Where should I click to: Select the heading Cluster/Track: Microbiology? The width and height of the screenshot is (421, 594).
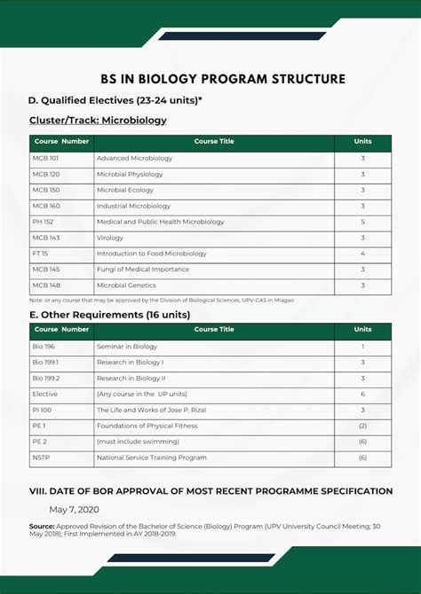(98, 120)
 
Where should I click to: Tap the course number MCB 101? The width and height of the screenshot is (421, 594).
(46, 159)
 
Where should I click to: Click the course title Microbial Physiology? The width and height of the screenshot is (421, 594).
(130, 175)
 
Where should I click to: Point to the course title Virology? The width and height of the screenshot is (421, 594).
(110, 238)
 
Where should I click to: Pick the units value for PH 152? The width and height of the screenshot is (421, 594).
(362, 222)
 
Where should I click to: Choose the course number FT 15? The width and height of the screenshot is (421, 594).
(40, 254)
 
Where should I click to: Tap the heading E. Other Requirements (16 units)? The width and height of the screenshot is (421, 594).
(109, 315)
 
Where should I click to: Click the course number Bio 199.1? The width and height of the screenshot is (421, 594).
(45, 363)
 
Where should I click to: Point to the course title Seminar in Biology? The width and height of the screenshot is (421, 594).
(127, 347)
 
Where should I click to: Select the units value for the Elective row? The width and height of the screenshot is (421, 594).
(362, 395)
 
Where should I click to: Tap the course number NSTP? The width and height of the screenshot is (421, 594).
(41, 457)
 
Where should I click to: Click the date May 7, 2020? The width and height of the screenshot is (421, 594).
(75, 509)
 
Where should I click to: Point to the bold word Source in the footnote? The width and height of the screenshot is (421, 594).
(42, 526)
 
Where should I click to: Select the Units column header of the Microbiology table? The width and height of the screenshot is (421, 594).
(362, 142)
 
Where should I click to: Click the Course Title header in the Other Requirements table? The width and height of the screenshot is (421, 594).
(214, 330)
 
